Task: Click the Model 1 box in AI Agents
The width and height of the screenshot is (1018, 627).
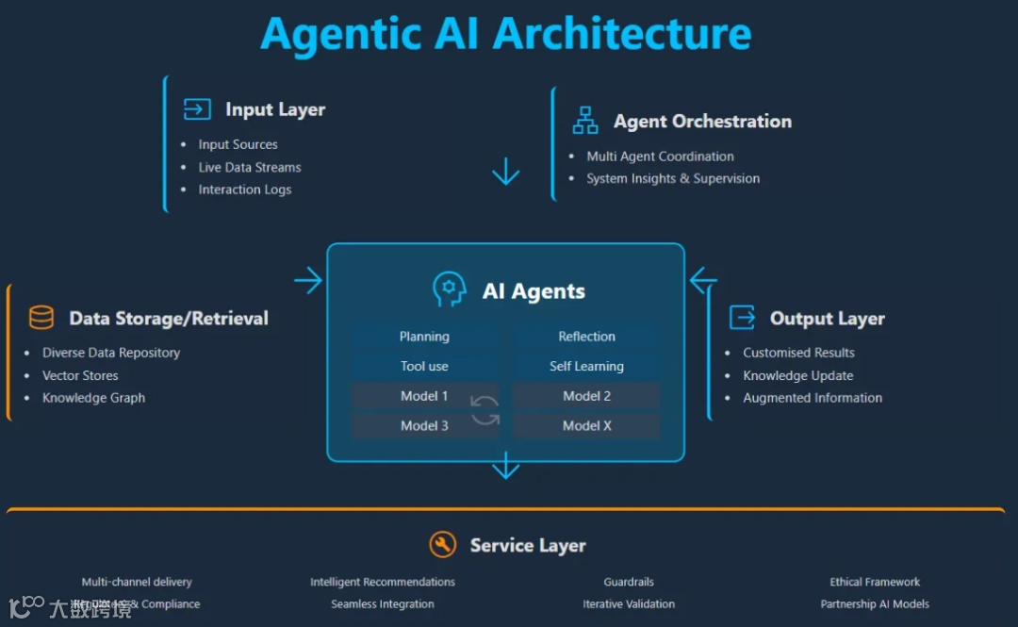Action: point(424,396)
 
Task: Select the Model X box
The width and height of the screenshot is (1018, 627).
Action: point(586,426)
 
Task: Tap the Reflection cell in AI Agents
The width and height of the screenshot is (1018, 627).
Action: point(586,337)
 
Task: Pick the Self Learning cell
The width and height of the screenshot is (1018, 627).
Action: point(586,367)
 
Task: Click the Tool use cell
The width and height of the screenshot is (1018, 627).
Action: point(424,367)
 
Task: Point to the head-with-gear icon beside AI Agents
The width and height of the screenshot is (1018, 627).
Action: point(450,289)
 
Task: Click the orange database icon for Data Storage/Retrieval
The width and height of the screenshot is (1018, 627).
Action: point(41,318)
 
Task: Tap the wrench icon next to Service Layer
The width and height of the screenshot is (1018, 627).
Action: point(442,544)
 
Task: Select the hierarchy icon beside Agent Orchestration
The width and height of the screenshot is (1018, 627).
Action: point(585,121)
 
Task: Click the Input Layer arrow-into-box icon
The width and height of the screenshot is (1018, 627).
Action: point(197,109)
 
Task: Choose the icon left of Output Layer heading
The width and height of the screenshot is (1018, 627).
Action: point(743,318)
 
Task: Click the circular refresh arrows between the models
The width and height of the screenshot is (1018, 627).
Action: point(485,410)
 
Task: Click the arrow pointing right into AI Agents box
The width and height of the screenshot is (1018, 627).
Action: point(307,280)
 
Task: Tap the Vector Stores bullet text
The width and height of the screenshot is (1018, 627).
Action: point(80,375)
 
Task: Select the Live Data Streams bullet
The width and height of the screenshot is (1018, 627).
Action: point(250,167)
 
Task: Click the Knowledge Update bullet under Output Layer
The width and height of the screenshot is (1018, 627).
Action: point(797,375)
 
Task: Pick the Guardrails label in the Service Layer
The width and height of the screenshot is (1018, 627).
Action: point(629,582)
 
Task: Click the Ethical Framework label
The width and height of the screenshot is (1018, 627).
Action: point(875,582)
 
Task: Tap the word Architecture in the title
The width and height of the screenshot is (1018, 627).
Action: point(622,34)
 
